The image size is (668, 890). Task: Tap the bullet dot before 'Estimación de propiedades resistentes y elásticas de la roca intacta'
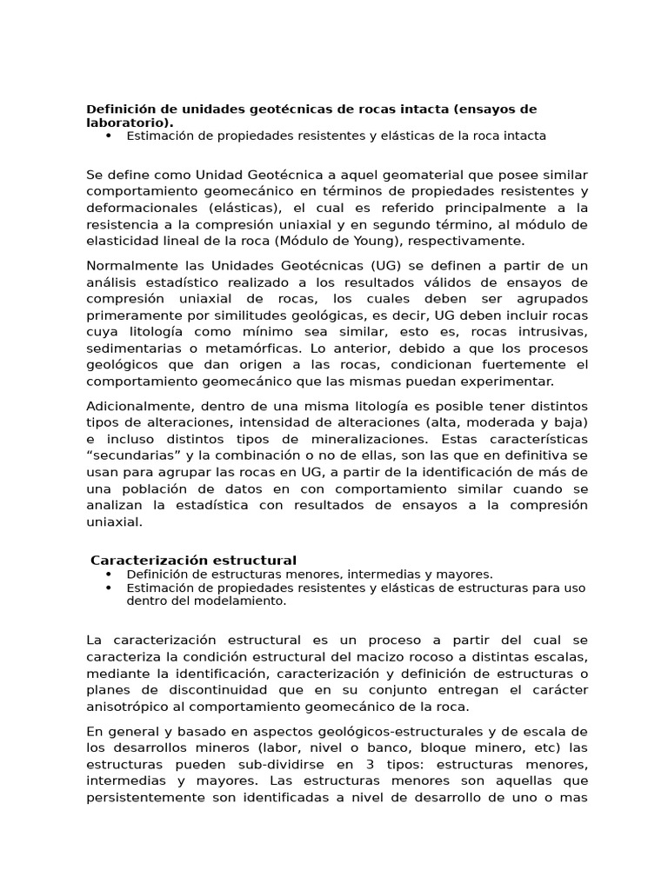click(109, 136)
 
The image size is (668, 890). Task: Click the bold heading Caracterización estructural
click(194, 561)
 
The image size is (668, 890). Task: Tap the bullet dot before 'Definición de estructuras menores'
click(109, 575)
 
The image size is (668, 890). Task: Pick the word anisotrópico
click(130, 706)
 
